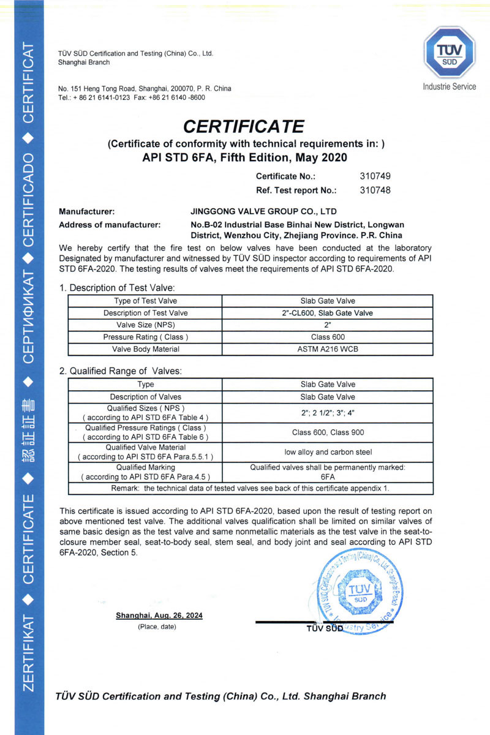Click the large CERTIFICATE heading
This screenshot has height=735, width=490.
tap(244, 126)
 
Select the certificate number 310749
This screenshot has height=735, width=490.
tap(375, 176)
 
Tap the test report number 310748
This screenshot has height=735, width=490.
tap(375, 190)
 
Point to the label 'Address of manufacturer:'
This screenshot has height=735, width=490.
tap(110, 225)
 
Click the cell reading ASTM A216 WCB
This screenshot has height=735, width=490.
tap(328, 349)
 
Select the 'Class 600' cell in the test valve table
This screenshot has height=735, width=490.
tap(328, 337)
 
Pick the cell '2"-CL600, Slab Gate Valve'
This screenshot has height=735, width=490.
tap(328, 313)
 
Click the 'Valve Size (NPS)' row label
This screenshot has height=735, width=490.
tap(145, 325)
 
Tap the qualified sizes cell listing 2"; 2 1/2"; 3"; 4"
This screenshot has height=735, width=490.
tap(328, 413)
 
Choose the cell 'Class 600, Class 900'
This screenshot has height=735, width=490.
tap(328, 432)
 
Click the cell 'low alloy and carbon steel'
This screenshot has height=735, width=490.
tap(328, 452)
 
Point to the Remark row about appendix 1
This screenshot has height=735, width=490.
tap(250, 488)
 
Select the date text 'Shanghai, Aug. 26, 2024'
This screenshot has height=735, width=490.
tap(159, 616)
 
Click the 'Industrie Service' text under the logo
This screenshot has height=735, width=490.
tap(449, 87)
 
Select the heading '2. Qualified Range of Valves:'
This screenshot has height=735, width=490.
tap(121, 371)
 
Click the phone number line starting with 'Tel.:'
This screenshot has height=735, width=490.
tap(132, 97)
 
